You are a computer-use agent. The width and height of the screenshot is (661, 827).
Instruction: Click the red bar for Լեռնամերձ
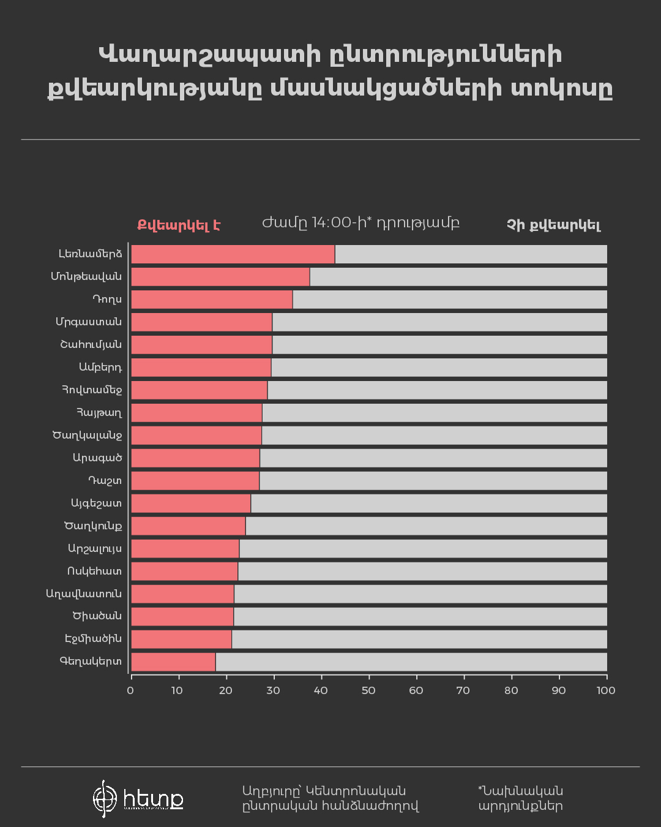click(x=233, y=254)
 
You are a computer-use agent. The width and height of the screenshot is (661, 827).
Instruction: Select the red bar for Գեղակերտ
click(x=173, y=662)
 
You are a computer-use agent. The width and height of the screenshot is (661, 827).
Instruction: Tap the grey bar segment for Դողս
click(x=450, y=300)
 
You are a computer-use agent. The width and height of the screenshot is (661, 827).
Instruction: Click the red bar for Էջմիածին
click(x=181, y=640)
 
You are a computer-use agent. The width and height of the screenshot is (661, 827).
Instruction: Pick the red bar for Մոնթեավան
click(x=220, y=277)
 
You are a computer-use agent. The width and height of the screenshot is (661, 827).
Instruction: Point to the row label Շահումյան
click(x=91, y=345)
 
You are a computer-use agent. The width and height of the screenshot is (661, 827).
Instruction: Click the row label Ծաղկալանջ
click(x=88, y=436)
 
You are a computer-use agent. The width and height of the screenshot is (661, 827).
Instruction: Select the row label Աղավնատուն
click(x=84, y=594)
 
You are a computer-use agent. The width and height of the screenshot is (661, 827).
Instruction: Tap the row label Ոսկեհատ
click(x=94, y=572)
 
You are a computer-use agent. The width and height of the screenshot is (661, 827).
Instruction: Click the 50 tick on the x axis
click(x=368, y=690)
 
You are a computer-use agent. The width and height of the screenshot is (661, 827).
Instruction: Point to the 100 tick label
click(x=606, y=690)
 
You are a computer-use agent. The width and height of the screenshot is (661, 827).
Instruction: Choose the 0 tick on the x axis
click(x=130, y=690)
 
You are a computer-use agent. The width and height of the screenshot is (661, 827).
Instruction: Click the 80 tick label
click(x=511, y=690)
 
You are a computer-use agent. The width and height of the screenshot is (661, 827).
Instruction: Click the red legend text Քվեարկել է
click(x=178, y=225)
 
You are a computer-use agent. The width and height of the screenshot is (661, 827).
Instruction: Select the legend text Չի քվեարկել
click(x=553, y=225)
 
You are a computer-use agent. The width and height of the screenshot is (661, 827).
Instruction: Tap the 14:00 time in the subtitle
click(x=331, y=222)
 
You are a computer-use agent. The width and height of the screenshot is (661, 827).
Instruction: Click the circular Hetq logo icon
click(x=105, y=799)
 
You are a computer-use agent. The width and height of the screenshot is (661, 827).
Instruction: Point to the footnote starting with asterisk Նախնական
click(x=520, y=798)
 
